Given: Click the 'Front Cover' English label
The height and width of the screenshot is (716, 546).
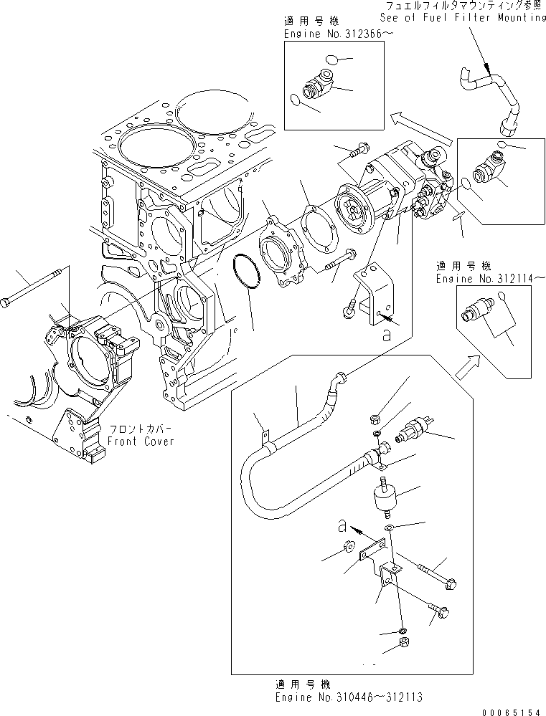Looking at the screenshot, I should coord(141,441).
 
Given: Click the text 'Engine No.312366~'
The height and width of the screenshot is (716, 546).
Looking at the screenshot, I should coord(324,33).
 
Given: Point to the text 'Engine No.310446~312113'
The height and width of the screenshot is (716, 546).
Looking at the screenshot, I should coord(339,696).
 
